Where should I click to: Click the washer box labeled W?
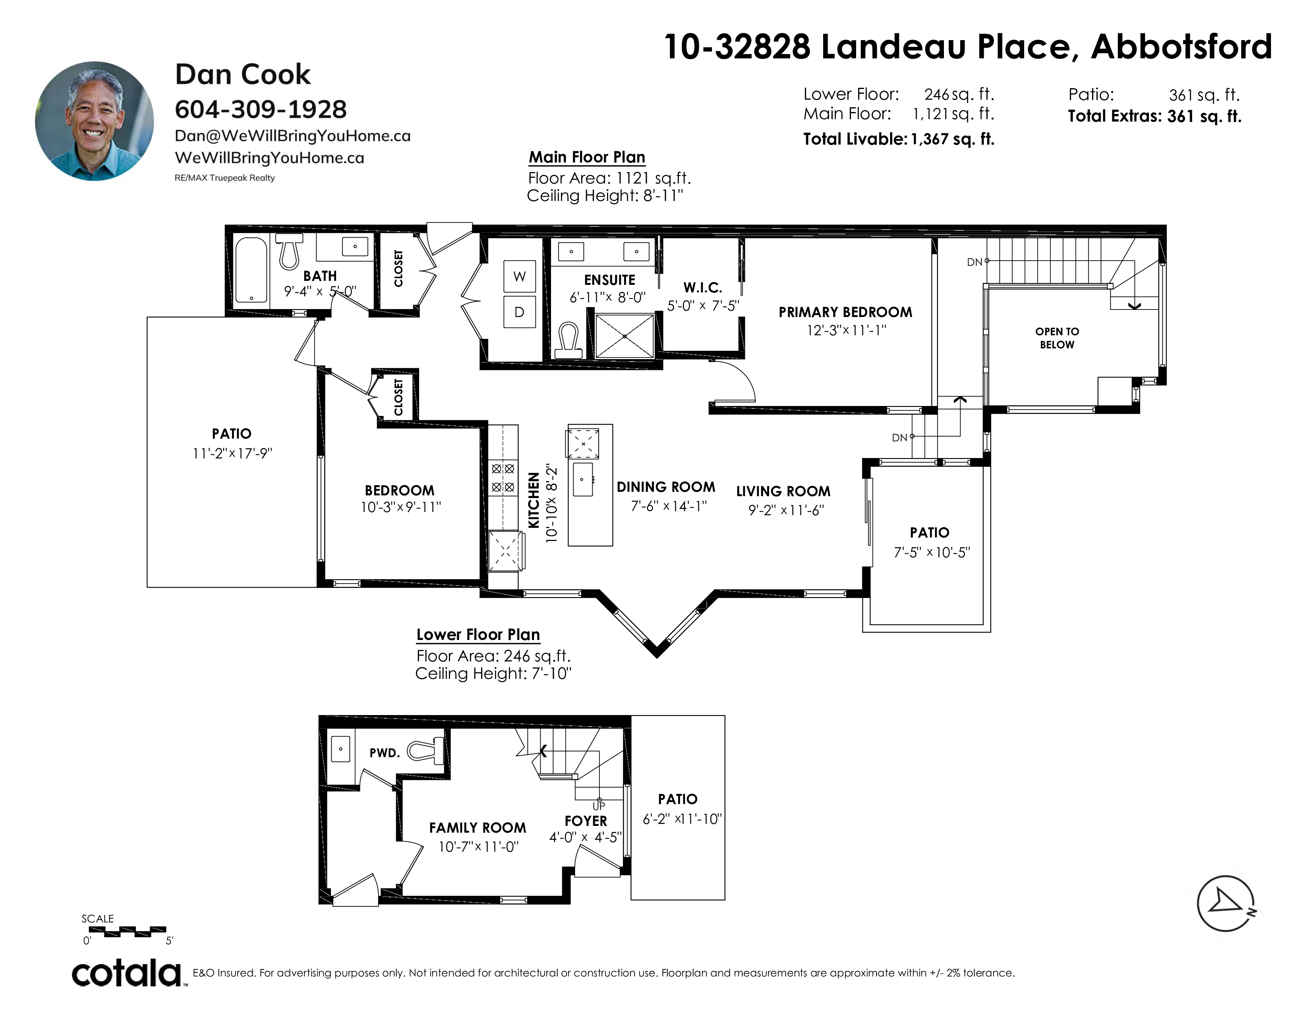519,276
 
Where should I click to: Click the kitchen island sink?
583,479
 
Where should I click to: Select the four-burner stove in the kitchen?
503,478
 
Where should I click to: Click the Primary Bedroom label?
845,312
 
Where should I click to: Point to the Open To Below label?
1057,338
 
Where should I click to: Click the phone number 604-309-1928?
261,109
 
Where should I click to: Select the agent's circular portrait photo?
94,121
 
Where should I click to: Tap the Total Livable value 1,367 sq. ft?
953,139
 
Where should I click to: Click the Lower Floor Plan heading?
478,634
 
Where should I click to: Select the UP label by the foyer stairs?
598,806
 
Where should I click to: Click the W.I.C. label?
702,288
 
